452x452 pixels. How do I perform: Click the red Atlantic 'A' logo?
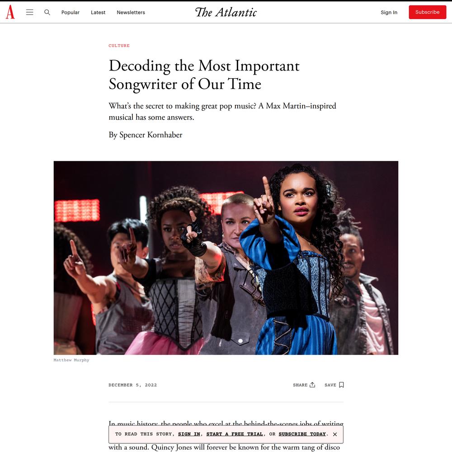[10, 12]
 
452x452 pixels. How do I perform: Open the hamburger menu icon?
[30, 12]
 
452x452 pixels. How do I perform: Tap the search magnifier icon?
[47, 12]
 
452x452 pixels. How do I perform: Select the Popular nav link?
[71, 13]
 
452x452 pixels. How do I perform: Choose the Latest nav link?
[98, 13]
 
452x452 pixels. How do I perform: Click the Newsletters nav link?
[131, 13]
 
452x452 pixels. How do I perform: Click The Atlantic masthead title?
[226, 12]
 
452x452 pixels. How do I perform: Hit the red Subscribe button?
[427, 12]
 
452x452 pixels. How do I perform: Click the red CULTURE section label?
[119, 46]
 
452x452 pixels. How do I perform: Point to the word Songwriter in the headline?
[143, 85]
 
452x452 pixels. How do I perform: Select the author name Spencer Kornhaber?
[151, 135]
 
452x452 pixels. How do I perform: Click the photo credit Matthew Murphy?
[71, 360]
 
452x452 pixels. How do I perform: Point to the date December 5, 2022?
[132, 385]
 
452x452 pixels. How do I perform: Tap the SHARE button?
[304, 385]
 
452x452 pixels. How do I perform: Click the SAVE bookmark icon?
[341, 385]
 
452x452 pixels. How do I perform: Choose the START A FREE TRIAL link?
[235, 434]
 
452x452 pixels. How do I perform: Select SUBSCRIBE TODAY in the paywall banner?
[302, 434]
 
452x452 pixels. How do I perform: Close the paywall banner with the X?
[335, 434]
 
